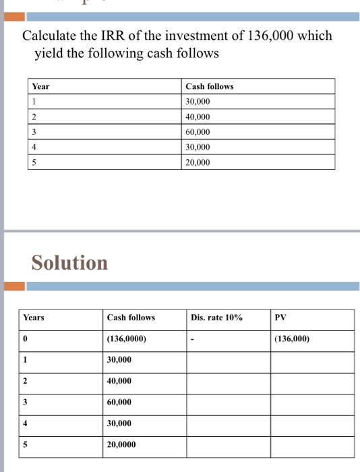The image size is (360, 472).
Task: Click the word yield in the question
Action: coord(49,53)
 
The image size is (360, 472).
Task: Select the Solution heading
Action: coord(69,262)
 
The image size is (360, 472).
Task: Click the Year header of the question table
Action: coord(40,86)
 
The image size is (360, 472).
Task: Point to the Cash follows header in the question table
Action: coord(209,86)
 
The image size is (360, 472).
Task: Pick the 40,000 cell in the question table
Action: coord(198,117)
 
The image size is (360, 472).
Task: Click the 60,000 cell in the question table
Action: coord(198,131)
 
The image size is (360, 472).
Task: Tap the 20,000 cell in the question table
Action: coord(198,162)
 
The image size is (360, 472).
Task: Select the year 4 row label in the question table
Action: coord(34,147)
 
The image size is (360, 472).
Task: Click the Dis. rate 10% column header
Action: coord(216,317)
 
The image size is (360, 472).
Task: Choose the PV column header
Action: coord(280,317)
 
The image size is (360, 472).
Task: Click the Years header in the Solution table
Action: coord(34,317)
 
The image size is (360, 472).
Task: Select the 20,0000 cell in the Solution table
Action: coord(121,445)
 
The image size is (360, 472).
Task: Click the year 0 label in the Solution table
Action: coord(25,338)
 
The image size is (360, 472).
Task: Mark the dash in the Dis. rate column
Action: coord(193,339)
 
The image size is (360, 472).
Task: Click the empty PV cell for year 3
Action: coord(312,403)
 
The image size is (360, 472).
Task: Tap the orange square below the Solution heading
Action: coord(15,287)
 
